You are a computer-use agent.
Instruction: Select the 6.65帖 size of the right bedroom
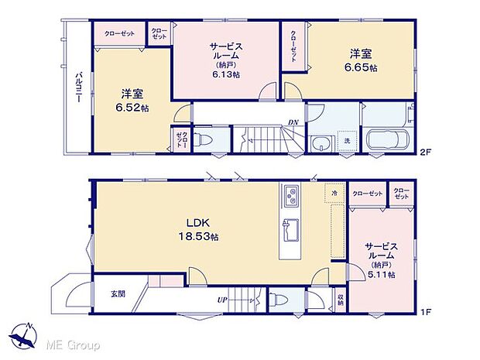(362, 68)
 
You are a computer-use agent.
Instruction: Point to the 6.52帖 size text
(129, 108)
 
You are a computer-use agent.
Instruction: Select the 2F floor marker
(425, 150)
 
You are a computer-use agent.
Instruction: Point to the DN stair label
(293, 122)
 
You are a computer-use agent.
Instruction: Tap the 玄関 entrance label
(117, 293)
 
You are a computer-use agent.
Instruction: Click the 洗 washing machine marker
(347, 140)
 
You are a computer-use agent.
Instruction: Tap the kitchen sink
(292, 228)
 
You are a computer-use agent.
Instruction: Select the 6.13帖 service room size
(225, 74)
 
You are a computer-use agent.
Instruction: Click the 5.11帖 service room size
(382, 274)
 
